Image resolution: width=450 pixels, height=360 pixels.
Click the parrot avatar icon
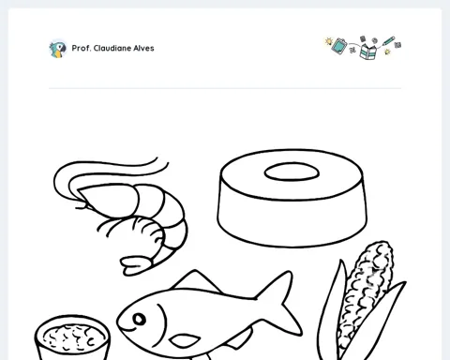tap(58, 49)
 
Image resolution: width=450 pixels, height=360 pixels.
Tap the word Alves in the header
tap(143, 48)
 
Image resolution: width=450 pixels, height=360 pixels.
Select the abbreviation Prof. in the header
tap(82, 48)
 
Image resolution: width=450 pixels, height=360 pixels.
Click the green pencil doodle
tap(388, 41)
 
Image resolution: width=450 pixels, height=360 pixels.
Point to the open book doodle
tap(368, 52)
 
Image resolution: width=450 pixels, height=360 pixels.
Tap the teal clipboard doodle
tap(339, 46)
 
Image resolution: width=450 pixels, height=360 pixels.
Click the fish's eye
tap(139, 319)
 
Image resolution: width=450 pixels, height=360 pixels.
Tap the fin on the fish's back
tap(196, 281)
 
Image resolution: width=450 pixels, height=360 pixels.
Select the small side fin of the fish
tap(185, 340)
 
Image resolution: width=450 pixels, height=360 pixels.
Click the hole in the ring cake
tap(292, 172)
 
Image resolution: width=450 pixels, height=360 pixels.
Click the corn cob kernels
tap(365, 293)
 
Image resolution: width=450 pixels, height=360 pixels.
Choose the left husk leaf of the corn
tap(330, 312)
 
